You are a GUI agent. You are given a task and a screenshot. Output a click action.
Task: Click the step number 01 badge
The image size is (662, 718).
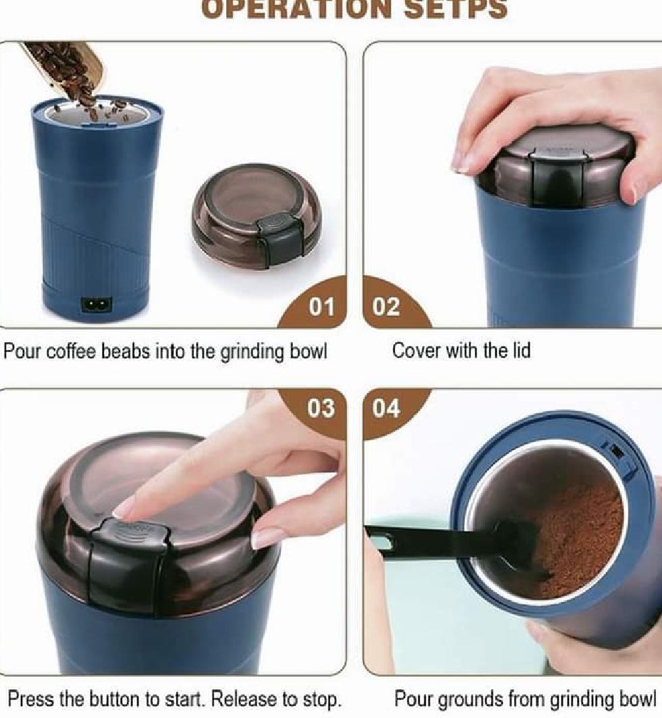click(321, 307)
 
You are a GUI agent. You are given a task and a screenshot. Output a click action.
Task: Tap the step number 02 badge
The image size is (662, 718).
click(386, 307)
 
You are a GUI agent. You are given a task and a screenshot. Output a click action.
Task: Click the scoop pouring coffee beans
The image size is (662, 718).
click(64, 66)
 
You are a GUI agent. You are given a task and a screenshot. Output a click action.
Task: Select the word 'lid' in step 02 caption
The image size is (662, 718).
click(522, 351)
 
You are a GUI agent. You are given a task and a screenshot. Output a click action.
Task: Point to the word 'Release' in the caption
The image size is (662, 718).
click(244, 699)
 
